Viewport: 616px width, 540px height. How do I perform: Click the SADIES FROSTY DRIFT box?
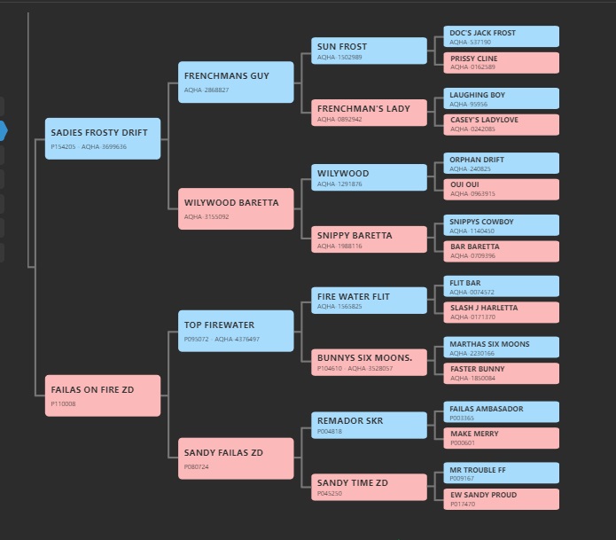click(103, 138)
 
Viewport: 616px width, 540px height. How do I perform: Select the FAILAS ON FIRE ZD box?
click(103, 395)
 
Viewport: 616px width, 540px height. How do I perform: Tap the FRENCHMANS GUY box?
click(236, 82)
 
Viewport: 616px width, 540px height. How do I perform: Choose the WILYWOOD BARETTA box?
click(236, 208)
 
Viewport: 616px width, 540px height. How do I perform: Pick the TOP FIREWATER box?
click(236, 331)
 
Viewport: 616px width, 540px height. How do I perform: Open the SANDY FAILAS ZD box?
click(236, 458)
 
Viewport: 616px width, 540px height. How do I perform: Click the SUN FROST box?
click(369, 51)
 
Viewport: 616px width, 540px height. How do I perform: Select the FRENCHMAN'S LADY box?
click(369, 113)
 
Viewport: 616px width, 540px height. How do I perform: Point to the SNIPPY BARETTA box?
click(369, 239)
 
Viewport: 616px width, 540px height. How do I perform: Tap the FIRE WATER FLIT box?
click(369, 301)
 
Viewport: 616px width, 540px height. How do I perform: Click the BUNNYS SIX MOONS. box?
click(369, 363)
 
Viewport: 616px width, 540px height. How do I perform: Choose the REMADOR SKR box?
click(369, 426)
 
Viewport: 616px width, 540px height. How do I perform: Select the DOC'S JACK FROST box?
click(502, 36)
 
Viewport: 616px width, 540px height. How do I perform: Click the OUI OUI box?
click(502, 190)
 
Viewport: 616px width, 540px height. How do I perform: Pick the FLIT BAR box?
click(502, 286)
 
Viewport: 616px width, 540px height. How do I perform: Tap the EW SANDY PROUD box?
click(502, 499)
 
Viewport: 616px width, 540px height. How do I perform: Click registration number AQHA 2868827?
click(207, 90)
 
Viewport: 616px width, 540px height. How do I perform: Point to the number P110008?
click(63, 403)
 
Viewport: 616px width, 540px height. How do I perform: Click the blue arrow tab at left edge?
click(4, 130)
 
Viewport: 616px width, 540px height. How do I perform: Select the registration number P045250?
click(330, 493)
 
